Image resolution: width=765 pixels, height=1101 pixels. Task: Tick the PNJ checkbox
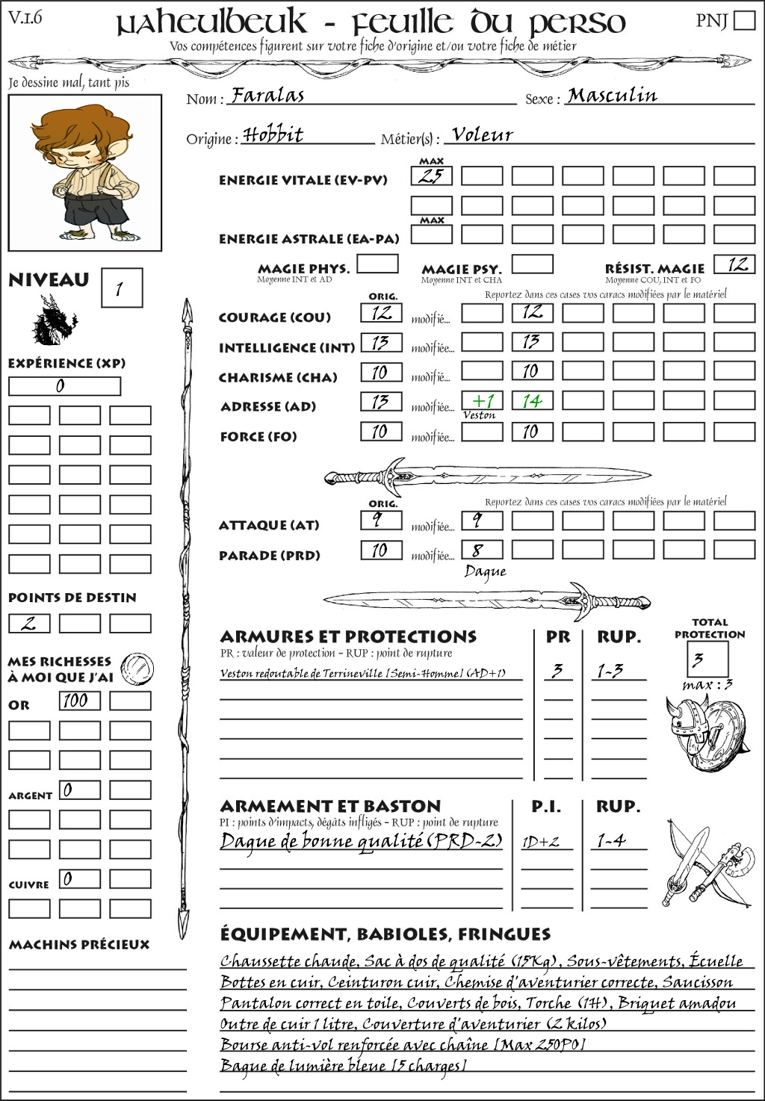(x=744, y=20)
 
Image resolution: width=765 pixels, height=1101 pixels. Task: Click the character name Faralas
(x=267, y=96)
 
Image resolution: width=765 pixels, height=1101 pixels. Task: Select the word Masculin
(x=612, y=96)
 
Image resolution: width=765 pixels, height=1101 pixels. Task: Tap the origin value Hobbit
(x=273, y=135)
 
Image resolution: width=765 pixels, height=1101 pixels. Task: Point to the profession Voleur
(x=483, y=135)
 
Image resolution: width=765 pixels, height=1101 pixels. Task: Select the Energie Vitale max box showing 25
(x=431, y=176)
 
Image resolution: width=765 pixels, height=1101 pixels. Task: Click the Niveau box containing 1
(x=121, y=288)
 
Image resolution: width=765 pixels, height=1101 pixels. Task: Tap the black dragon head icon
(x=54, y=321)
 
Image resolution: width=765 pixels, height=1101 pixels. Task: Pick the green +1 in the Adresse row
(x=482, y=401)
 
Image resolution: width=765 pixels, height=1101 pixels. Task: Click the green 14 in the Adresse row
(x=532, y=401)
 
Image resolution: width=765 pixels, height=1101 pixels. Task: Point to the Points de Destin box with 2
(x=29, y=623)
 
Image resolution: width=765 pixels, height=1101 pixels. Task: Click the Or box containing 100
(x=79, y=701)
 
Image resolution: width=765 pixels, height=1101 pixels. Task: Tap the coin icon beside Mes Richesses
(x=137, y=669)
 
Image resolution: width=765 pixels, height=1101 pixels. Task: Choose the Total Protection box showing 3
(x=707, y=659)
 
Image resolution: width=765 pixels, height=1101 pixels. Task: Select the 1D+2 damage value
(x=541, y=842)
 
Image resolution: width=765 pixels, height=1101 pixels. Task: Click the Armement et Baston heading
(x=330, y=806)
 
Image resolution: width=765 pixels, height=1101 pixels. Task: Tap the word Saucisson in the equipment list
(x=697, y=982)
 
